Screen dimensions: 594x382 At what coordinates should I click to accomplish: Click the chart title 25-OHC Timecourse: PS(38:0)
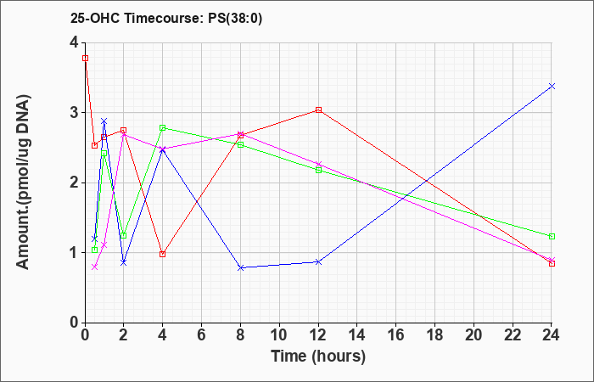point(166,19)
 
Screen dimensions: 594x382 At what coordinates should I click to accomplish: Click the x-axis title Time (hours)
point(318,357)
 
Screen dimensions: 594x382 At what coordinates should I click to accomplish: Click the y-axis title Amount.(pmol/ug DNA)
point(23,182)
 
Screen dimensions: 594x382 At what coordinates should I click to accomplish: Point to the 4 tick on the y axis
point(74,42)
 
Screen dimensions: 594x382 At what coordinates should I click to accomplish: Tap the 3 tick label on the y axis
point(74,113)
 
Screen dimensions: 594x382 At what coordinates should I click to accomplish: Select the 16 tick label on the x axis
point(396,335)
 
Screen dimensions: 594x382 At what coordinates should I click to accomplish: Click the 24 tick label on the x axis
point(552,335)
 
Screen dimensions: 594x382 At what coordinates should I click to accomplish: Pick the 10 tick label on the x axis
point(279,335)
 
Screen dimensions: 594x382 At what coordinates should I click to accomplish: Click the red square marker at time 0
point(85,58)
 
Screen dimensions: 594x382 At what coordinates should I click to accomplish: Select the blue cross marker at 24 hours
point(552,86)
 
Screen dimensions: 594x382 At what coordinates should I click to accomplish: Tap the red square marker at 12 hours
point(318,110)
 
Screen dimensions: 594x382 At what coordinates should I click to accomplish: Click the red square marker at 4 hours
point(163,254)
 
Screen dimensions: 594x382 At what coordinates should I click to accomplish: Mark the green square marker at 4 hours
point(163,127)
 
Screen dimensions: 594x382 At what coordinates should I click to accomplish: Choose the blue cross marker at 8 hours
point(240,267)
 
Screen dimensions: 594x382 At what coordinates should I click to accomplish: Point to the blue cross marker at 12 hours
point(318,261)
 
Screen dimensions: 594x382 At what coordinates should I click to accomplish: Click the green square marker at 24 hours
point(552,237)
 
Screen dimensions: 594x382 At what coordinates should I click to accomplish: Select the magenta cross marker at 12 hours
point(318,164)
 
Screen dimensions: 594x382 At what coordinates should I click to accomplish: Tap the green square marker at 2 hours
point(124,235)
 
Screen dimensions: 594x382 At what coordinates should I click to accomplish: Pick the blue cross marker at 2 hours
point(124,262)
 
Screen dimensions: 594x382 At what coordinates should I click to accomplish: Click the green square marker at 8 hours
point(240,145)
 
